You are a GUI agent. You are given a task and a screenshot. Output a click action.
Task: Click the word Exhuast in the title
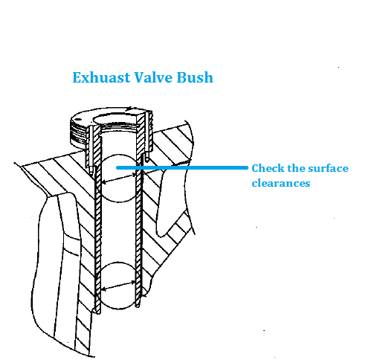coord(102,77)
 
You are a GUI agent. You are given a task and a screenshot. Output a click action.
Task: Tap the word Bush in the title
coord(195,77)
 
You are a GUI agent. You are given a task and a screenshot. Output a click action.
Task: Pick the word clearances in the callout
coord(281,183)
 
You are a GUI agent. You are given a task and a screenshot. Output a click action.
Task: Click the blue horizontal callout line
coord(182,168)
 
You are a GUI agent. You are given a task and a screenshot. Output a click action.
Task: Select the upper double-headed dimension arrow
coord(119,179)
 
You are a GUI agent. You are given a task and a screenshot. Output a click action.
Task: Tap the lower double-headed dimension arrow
coord(119,286)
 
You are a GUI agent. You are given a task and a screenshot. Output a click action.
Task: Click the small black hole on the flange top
coord(77,119)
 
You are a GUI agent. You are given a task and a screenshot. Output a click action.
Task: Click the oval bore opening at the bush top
coord(115,115)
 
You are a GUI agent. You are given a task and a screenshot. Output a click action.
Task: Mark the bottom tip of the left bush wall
coord(98,313)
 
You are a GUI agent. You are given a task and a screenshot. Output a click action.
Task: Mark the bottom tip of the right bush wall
coord(138,306)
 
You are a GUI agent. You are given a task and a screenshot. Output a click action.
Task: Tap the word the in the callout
coord(295,168)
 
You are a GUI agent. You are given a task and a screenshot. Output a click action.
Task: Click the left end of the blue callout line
coord(117,168)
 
